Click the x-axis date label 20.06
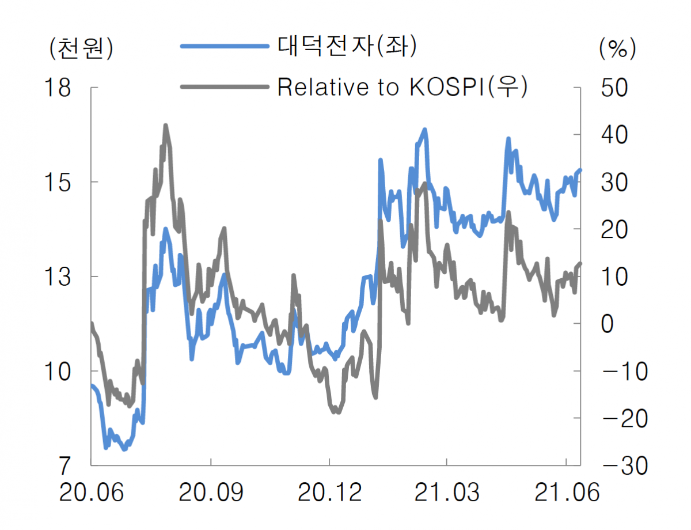[x=92, y=493]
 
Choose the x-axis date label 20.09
[x=211, y=493]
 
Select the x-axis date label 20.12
[x=329, y=493]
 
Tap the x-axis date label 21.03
[x=447, y=493]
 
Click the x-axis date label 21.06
[x=567, y=493]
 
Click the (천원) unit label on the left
[x=81, y=48]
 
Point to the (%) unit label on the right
[x=617, y=48]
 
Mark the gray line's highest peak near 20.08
[x=165, y=125]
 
